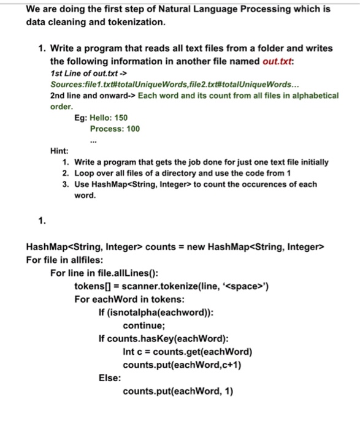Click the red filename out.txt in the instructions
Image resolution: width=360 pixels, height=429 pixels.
pos(316,62)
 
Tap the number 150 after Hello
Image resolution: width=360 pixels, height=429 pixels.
pos(118,117)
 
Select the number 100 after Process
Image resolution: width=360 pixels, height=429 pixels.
pos(130,129)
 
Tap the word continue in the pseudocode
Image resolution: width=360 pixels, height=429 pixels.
pos(144,325)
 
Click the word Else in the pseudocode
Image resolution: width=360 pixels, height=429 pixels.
pos(110,378)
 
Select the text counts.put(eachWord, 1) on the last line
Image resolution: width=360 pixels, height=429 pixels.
pos(178,391)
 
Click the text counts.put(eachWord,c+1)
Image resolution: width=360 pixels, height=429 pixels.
pos(182,365)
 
